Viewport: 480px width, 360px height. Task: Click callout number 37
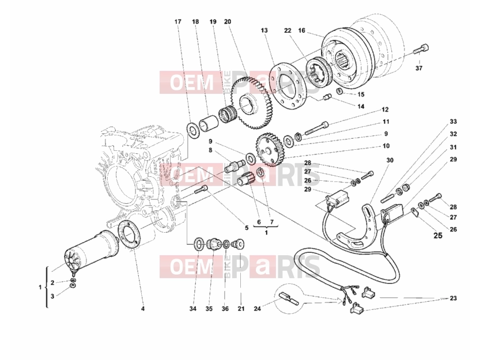point(419,68)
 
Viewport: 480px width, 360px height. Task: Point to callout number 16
point(302,31)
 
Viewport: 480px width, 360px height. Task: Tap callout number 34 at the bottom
point(192,309)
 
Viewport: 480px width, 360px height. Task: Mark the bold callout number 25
point(438,235)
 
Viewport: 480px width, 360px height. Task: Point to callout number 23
point(453,298)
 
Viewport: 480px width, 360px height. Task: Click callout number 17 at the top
point(178,22)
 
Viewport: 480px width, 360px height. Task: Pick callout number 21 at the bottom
point(241,309)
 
